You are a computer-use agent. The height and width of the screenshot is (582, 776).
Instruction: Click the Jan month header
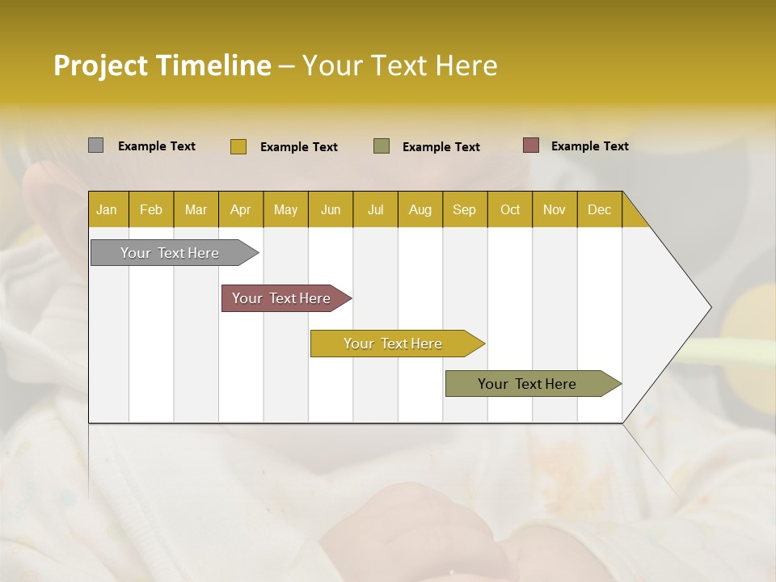point(107,209)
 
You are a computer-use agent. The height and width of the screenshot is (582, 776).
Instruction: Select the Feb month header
point(151,209)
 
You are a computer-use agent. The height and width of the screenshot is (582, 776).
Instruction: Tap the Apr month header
point(240,209)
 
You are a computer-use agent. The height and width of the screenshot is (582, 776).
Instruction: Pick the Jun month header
point(331,209)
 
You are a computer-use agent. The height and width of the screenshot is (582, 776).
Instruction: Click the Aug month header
point(420,209)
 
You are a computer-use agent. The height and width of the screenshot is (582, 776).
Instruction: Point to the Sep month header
point(464,209)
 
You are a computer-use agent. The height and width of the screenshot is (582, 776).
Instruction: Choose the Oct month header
point(510,209)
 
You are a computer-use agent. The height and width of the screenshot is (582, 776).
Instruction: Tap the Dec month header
point(599,209)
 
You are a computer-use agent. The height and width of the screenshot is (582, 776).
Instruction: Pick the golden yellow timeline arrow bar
point(394,344)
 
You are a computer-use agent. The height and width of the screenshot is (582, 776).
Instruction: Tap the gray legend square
point(95,145)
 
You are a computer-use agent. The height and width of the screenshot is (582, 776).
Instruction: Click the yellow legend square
point(238,146)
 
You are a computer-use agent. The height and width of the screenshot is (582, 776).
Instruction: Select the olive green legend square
point(381,145)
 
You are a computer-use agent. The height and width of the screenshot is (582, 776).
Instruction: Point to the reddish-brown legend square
point(530,145)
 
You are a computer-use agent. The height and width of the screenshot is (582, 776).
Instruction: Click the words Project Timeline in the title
point(162,65)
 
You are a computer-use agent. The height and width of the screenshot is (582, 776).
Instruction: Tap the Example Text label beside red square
point(589,146)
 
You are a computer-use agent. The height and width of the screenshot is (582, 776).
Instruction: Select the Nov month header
point(554,209)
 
